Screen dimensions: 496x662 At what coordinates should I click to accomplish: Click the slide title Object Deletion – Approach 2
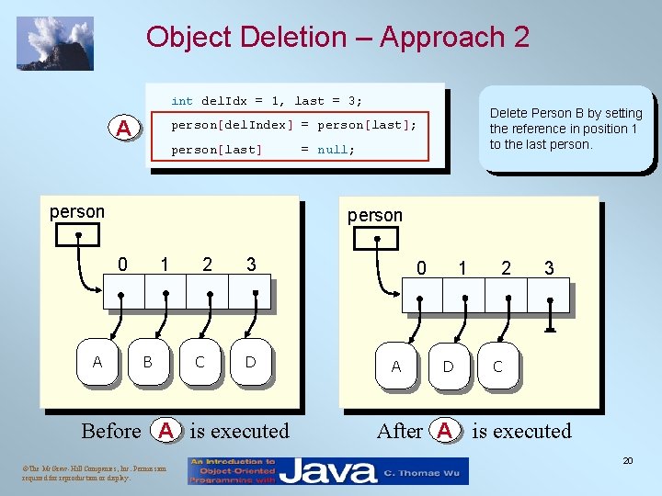coord(337,38)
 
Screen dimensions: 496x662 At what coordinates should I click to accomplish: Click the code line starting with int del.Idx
coord(267,101)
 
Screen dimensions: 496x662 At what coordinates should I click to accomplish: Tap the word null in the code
coord(336,150)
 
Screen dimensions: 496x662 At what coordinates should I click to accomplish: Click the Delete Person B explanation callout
coord(565,129)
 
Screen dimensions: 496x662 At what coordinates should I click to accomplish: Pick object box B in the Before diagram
coord(148,362)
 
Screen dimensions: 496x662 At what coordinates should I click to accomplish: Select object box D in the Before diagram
coord(250,362)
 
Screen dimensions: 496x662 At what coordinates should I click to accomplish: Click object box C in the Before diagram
coord(200,362)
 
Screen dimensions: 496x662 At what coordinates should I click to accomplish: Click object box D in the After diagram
coord(448,366)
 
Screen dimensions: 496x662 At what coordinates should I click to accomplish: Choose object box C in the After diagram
coord(497,366)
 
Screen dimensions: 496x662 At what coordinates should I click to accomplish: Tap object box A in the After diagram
coord(396,366)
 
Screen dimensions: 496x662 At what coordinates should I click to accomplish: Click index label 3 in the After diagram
coord(549,268)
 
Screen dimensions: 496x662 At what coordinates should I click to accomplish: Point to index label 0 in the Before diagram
coord(122,265)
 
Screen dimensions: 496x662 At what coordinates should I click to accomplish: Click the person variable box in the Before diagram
coord(76,235)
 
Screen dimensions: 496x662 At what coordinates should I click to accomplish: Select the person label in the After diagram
coord(374,216)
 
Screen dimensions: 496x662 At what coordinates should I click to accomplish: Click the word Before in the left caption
coord(111,431)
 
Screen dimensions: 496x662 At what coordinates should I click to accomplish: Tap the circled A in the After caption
coord(445,431)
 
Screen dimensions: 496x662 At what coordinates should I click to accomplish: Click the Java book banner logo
coord(328,471)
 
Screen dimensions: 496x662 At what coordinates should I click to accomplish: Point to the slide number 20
coord(627,460)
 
